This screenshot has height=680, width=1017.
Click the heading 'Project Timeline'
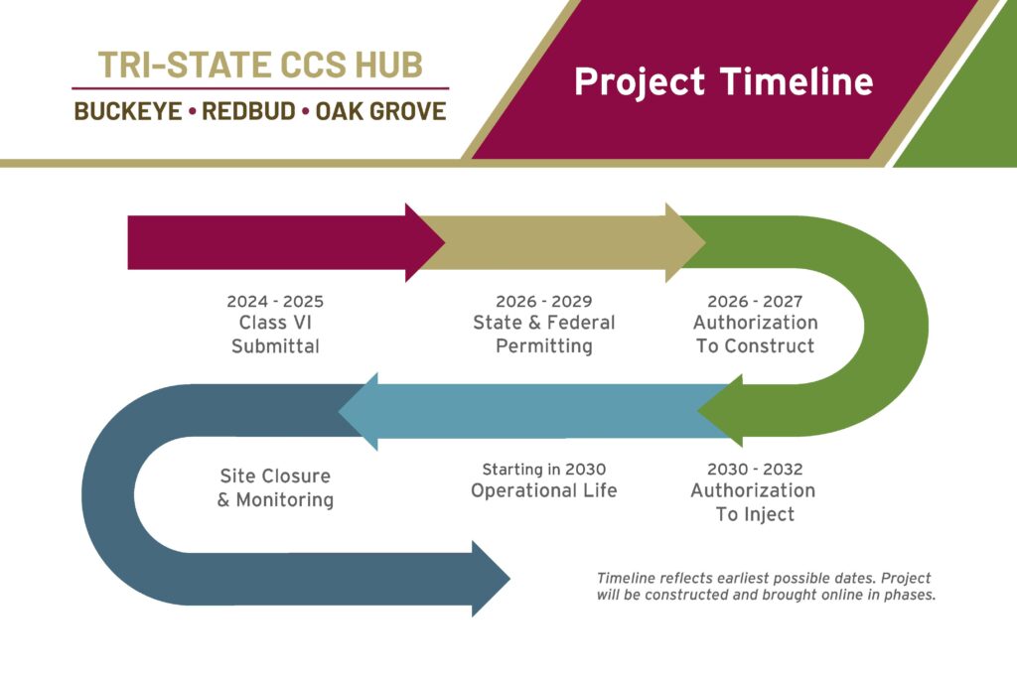point(723,81)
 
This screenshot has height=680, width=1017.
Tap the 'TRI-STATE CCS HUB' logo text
point(260,65)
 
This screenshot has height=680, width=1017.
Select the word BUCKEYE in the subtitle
point(128,111)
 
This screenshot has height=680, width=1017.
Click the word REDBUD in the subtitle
point(249,111)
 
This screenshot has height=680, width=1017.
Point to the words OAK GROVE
point(380,111)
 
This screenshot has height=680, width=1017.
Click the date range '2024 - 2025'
point(275,301)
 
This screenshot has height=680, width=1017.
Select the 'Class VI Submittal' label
point(275,335)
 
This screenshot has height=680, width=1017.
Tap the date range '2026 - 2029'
point(544,301)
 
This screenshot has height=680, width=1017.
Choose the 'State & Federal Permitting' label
point(544,335)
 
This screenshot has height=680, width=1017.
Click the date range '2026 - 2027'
point(755,301)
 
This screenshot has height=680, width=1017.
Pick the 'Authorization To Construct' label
point(755,335)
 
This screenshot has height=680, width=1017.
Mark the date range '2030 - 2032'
point(755,469)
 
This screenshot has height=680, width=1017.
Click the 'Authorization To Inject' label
point(754,502)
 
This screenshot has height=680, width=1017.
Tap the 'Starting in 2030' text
point(543,469)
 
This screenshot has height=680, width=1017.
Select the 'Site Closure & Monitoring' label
point(275,488)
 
